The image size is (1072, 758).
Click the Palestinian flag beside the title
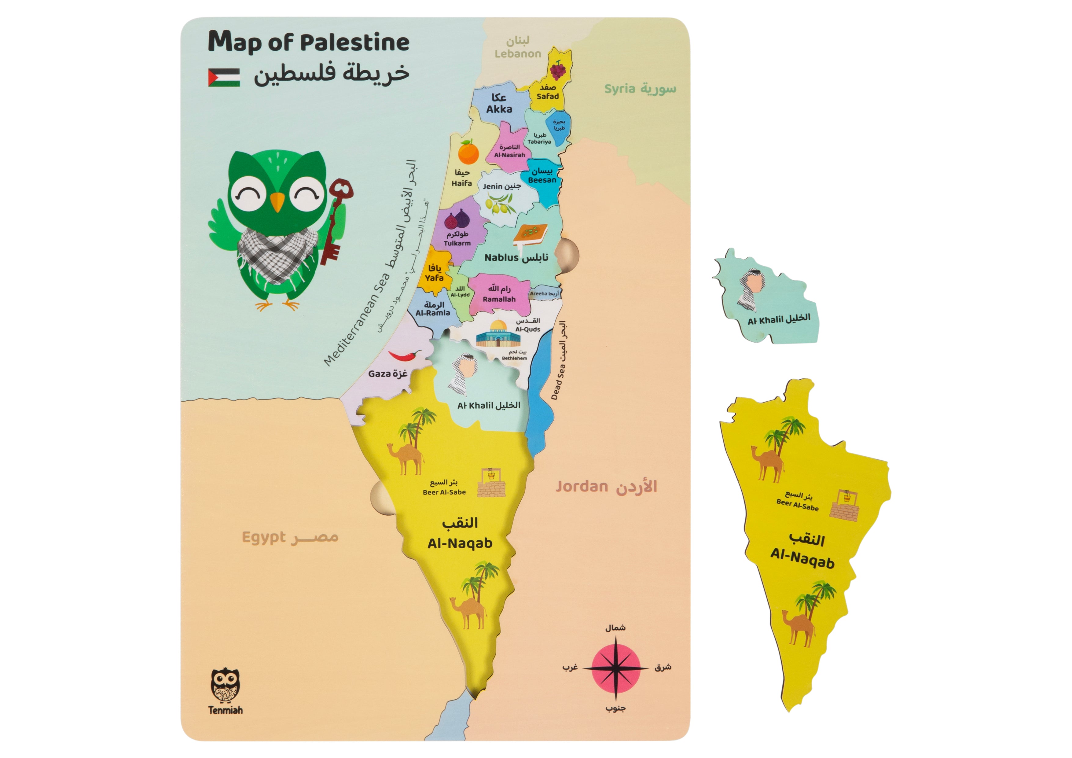pos(224,78)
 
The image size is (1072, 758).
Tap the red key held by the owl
pos(337,219)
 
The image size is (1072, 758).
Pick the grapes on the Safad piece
pos(557,70)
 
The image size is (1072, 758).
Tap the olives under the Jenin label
pos(500,204)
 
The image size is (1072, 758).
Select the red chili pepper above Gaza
pos(404,356)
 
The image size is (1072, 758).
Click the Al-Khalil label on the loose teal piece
pos(778,319)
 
